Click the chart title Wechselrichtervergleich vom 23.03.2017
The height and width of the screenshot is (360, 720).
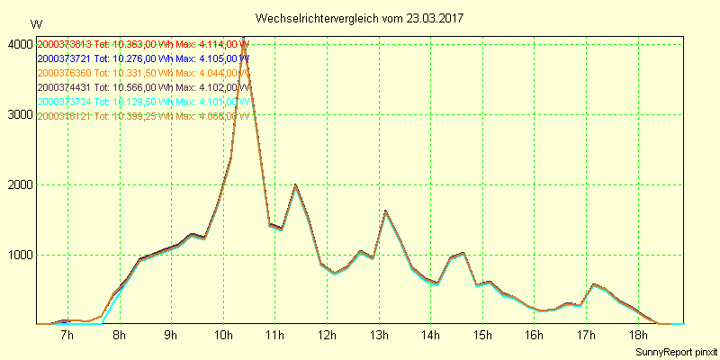click(x=359, y=18)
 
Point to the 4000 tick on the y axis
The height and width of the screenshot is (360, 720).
click(x=19, y=44)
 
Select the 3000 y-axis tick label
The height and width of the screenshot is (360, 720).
click(x=19, y=114)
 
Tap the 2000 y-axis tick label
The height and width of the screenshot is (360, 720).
click(x=19, y=184)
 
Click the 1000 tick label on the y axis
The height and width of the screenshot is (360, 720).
click(x=19, y=255)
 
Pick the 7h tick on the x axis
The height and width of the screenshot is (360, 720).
click(x=67, y=336)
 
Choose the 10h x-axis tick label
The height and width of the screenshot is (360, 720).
click(x=223, y=336)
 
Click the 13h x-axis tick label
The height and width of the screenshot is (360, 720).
click(x=379, y=336)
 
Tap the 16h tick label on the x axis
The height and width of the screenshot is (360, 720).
click(x=535, y=336)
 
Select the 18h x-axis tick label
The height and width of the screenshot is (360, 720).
click(x=638, y=336)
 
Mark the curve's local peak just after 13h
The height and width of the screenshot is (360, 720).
click(x=385, y=211)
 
